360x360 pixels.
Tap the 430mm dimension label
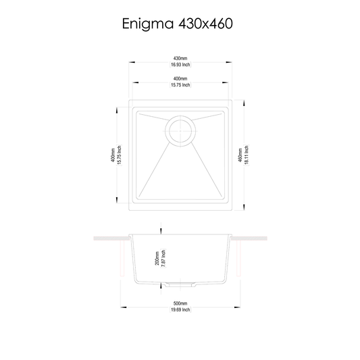180,59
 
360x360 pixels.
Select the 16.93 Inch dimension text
180,66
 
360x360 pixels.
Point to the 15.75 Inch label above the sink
180,85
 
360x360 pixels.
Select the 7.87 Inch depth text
162,257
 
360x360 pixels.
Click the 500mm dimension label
180,303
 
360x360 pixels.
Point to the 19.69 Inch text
180,310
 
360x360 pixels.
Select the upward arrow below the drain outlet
160,290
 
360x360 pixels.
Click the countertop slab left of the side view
111,238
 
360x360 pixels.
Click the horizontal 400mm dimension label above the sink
180,78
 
